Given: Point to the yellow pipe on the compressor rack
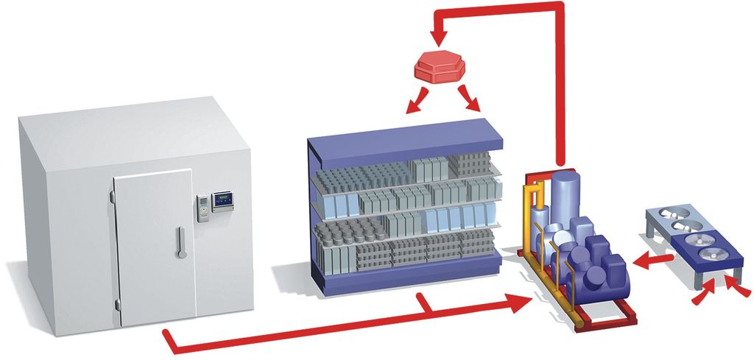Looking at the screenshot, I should (x=529, y=213).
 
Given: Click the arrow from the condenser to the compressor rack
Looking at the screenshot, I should (x=651, y=259).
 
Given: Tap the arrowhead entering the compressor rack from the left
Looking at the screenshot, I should (x=518, y=301).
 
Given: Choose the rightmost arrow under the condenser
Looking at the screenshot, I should (x=736, y=291).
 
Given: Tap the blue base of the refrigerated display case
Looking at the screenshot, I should (x=412, y=276).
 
